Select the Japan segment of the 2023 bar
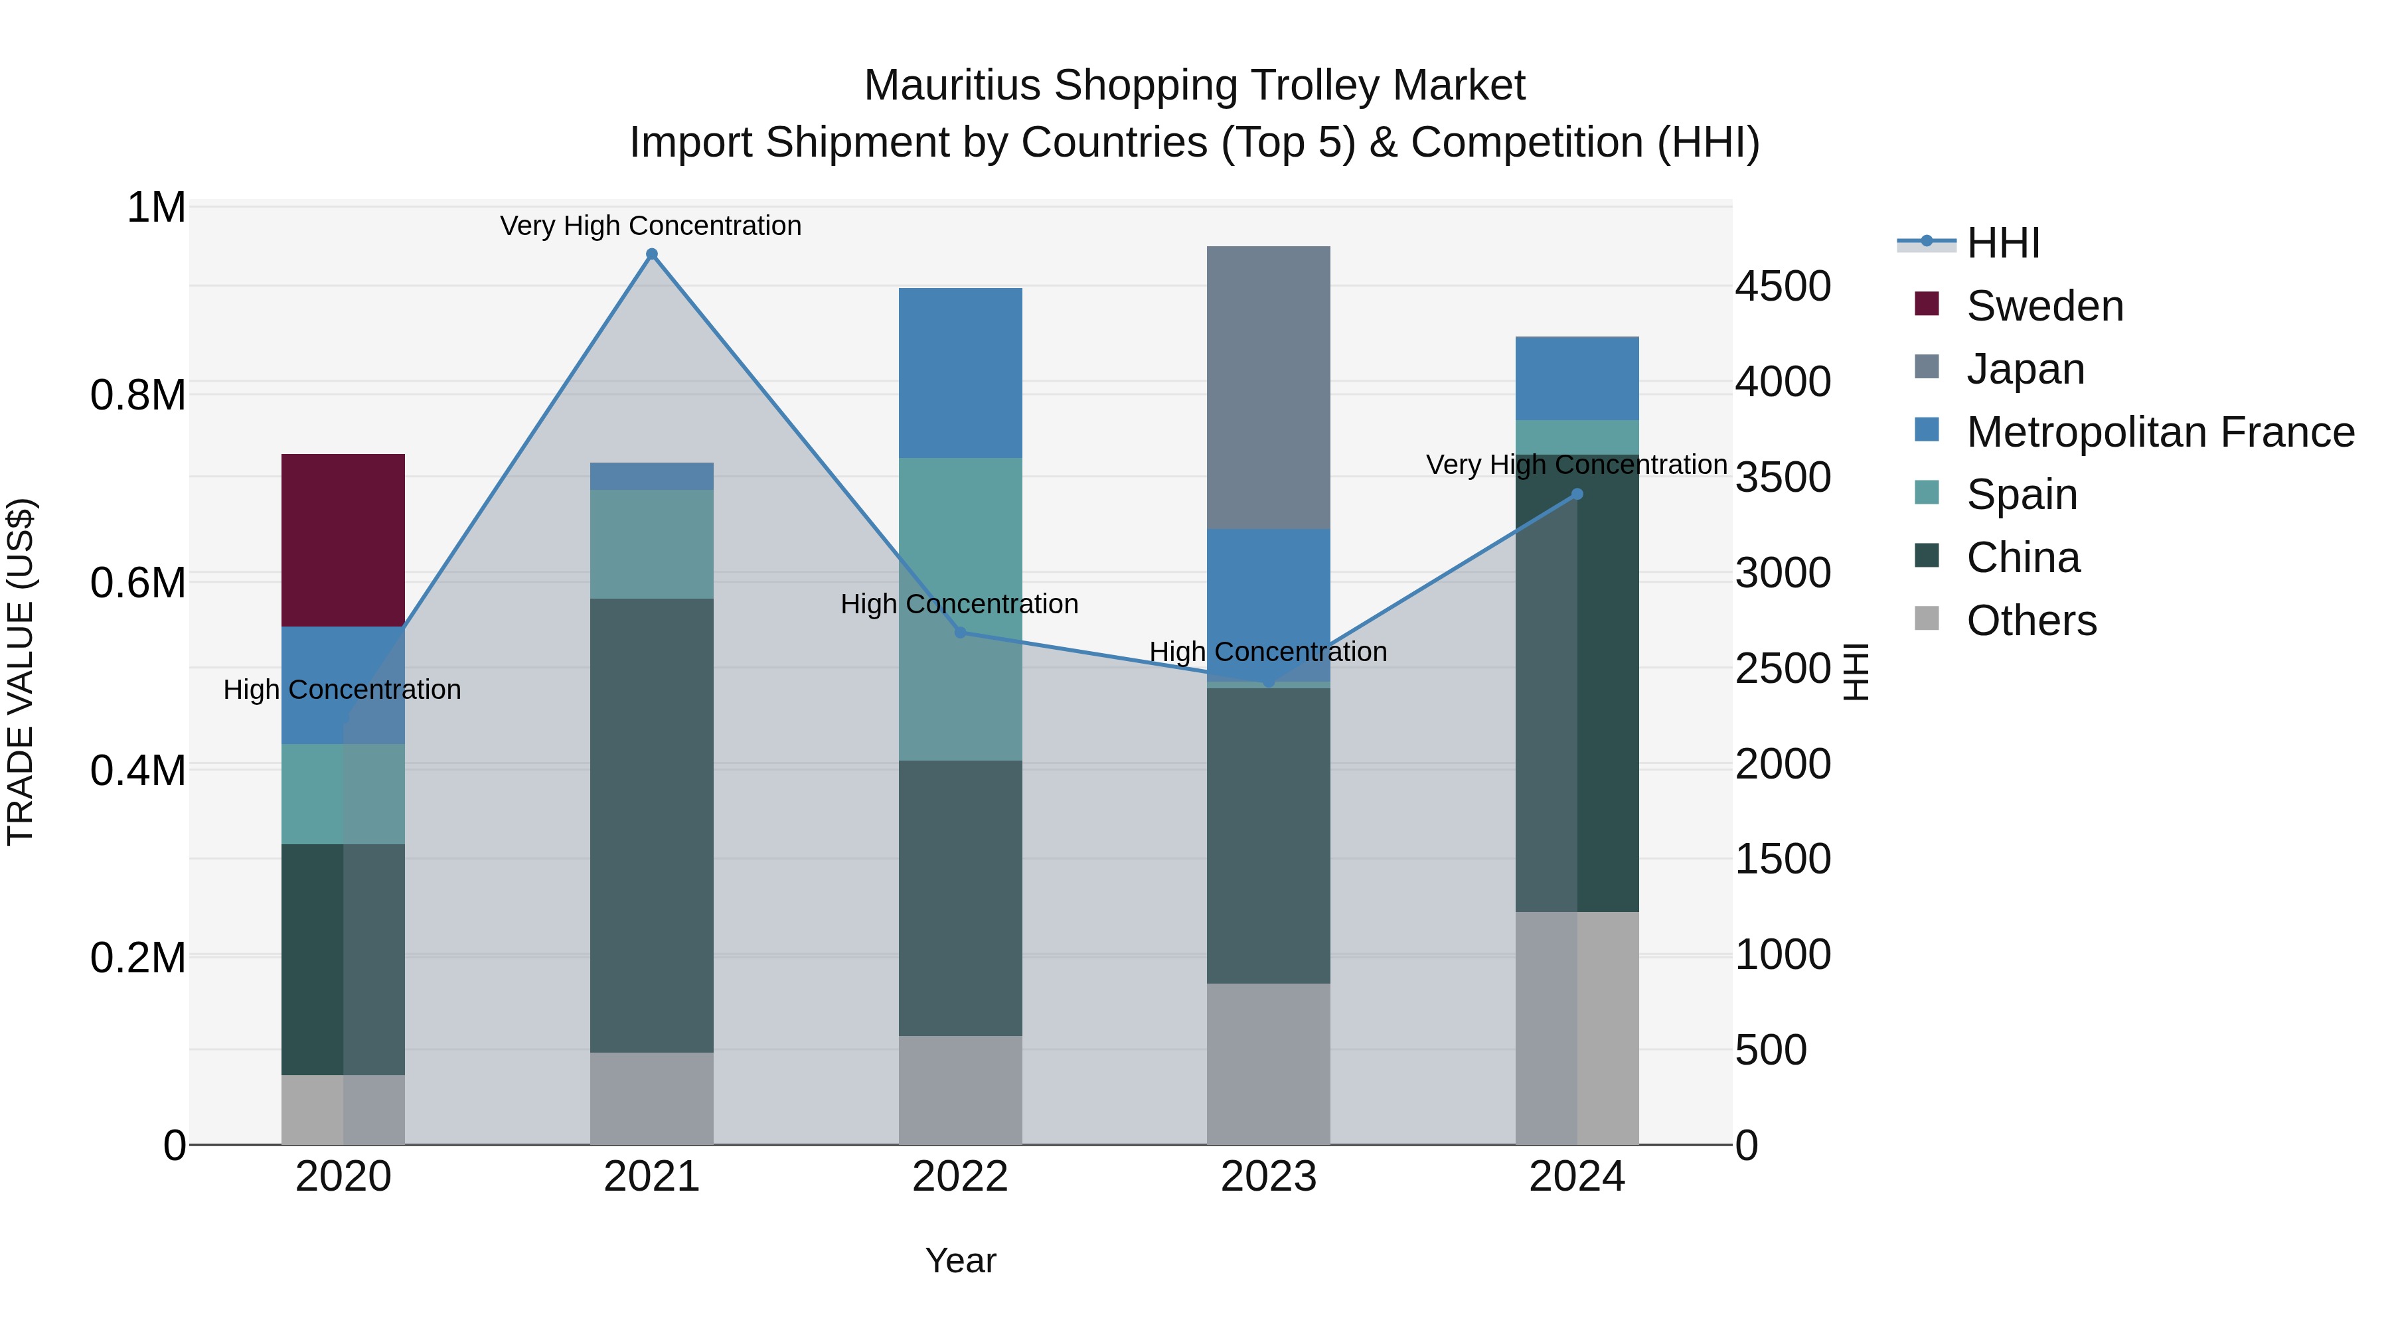[1267, 387]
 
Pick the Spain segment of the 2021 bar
[651, 544]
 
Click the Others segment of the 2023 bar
[1267, 1063]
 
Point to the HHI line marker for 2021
[651, 254]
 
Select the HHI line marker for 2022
[960, 633]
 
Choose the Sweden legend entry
[2044, 306]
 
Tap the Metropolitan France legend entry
[2159, 432]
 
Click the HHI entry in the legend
[2002, 243]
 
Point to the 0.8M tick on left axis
[137, 395]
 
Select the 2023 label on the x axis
[1267, 1177]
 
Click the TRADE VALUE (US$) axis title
[21, 672]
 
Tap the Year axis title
[960, 1260]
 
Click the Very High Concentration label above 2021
[651, 226]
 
